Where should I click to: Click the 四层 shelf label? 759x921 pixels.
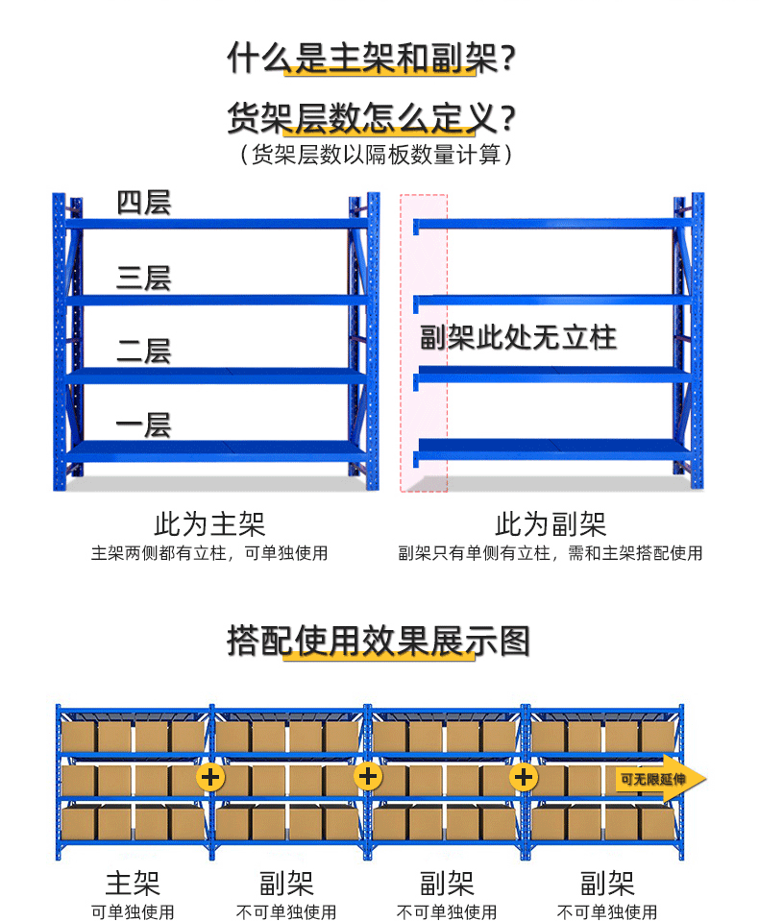tap(143, 204)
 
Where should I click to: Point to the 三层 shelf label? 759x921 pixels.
tap(143, 279)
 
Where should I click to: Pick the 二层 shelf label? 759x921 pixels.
tap(143, 351)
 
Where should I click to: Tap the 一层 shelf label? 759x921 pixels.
tap(143, 424)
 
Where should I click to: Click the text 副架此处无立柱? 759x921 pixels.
tap(518, 337)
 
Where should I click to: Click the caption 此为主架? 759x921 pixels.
tap(209, 524)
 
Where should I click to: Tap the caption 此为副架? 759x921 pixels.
tap(551, 524)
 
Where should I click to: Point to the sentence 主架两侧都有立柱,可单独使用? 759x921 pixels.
tap(209, 553)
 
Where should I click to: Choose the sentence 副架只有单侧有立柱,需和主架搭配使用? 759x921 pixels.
tap(551, 553)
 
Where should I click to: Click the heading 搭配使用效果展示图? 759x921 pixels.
tap(379, 641)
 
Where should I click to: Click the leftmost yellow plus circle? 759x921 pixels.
tap(210, 776)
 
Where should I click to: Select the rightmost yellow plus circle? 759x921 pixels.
tap(523, 776)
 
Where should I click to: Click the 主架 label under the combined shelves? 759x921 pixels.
tap(133, 883)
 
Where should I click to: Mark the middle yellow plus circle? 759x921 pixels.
tap(368, 776)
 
